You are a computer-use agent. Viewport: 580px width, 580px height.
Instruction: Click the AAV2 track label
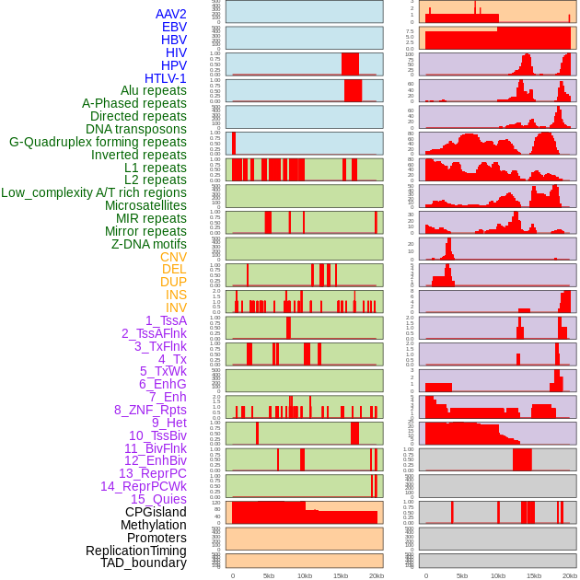[171, 14]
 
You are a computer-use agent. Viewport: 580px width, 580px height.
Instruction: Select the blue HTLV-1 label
[166, 78]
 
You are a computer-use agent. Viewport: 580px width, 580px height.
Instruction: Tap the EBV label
[174, 27]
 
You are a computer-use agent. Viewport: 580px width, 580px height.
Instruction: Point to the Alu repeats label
[154, 90]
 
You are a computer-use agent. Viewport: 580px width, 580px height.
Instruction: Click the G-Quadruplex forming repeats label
[98, 142]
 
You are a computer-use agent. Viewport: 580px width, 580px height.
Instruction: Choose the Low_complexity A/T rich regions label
[94, 192]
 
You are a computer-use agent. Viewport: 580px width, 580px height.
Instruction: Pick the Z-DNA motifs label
[149, 244]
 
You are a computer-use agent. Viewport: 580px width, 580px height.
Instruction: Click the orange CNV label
[173, 257]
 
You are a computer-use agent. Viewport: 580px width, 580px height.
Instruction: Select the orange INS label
[176, 295]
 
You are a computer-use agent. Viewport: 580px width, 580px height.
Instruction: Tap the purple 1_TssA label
[166, 320]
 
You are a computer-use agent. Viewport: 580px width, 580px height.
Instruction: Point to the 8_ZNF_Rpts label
[150, 410]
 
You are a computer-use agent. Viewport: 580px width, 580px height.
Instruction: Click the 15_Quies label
[157, 499]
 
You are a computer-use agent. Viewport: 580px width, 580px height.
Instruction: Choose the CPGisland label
[156, 512]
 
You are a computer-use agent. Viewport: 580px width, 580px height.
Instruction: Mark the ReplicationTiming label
[135, 551]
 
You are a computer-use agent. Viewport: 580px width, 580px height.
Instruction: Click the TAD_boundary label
[144, 563]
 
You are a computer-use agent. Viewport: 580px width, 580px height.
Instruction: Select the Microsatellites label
[145, 205]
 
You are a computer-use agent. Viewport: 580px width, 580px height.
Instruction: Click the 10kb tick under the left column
[304, 575]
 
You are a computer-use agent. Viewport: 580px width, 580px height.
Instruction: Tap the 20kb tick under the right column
[570, 575]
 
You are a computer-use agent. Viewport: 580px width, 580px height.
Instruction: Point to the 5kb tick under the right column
[461, 575]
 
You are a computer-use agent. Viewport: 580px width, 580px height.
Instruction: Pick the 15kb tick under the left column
[340, 575]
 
